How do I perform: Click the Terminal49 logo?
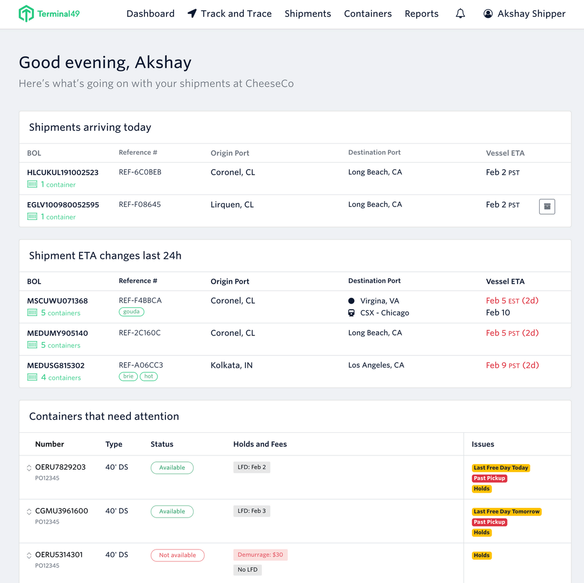point(49,14)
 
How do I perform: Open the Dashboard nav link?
point(150,14)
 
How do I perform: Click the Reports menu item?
point(421,14)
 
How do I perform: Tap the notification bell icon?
point(460,14)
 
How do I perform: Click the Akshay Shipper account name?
point(531,14)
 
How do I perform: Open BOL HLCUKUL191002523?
point(63,172)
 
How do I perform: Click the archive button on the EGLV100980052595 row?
point(547,206)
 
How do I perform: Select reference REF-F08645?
point(140,204)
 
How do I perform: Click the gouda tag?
point(131,312)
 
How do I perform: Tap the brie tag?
point(128,376)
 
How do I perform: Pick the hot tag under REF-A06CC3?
point(149,376)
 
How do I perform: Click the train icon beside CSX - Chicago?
point(351,313)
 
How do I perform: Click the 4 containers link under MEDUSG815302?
point(61,378)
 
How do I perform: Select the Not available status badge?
point(177,555)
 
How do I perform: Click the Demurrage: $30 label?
point(260,554)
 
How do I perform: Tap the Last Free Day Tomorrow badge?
point(506,512)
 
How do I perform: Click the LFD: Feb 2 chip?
point(251,467)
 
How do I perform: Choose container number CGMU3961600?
point(61,511)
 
